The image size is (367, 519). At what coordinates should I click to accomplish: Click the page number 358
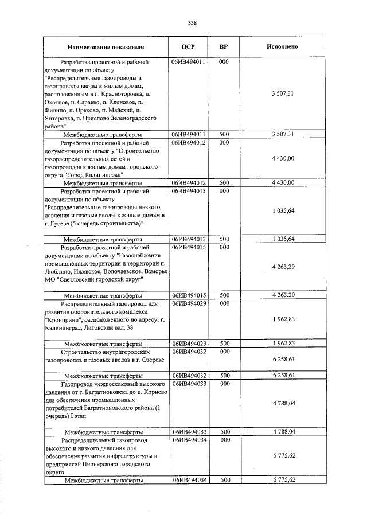pos(192,22)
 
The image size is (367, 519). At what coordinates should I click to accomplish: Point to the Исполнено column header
pos(282,46)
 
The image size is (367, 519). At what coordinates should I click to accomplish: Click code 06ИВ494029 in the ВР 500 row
pos(189,343)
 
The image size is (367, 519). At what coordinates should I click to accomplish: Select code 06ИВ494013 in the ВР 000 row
pos(189,190)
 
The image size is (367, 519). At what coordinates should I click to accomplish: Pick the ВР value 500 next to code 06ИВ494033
pos(224,431)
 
